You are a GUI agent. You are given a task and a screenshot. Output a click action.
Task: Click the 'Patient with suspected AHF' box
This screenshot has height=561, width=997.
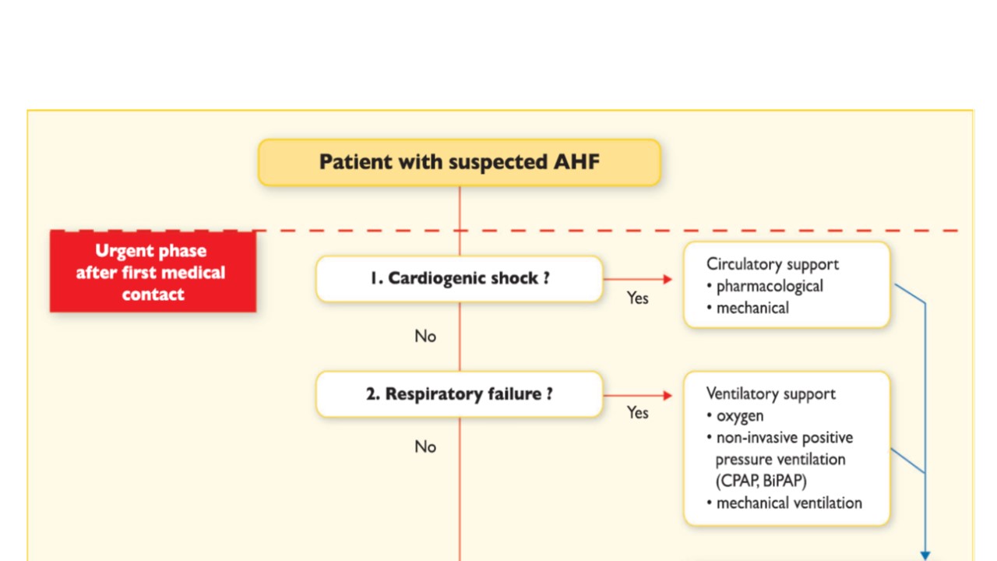[x=459, y=162]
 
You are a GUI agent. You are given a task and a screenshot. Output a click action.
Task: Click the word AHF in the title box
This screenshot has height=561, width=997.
[x=576, y=162]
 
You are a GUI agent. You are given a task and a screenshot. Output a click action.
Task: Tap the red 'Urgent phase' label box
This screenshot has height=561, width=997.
[x=153, y=272]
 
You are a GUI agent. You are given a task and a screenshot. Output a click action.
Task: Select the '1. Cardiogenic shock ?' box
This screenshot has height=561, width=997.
[x=459, y=278]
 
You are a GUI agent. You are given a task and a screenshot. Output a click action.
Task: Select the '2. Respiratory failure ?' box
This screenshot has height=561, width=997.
[x=459, y=394]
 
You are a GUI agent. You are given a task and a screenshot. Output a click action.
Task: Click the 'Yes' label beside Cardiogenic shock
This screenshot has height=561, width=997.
[x=637, y=298]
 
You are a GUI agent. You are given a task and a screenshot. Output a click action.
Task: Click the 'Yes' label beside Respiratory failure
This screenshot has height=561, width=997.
[x=637, y=413]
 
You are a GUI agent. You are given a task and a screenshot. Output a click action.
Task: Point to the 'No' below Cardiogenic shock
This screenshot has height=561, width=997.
[x=425, y=337]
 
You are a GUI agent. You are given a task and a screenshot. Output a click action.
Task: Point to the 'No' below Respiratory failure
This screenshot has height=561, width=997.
[x=425, y=447]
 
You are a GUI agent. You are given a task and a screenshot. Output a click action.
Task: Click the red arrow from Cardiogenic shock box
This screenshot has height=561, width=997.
[x=637, y=278]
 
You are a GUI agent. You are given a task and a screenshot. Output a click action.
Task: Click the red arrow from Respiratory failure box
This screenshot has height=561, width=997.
[x=637, y=396]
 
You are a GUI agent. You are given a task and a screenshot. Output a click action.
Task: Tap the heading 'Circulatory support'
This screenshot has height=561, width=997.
[x=772, y=264]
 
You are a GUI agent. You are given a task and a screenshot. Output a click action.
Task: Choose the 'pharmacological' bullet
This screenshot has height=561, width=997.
[x=769, y=286]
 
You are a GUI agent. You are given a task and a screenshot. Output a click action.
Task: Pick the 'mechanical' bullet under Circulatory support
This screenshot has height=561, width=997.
[x=752, y=308]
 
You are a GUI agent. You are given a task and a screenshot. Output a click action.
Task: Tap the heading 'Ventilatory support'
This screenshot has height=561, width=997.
[x=770, y=393]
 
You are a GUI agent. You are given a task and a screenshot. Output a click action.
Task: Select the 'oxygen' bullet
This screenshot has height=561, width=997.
[x=739, y=416]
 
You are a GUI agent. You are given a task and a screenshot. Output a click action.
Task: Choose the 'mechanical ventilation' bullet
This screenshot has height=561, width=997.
[x=788, y=503]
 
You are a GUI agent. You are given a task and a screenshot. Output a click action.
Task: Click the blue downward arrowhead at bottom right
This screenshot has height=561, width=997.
[x=925, y=556]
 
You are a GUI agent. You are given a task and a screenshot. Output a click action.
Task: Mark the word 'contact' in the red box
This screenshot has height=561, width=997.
[x=153, y=295]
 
